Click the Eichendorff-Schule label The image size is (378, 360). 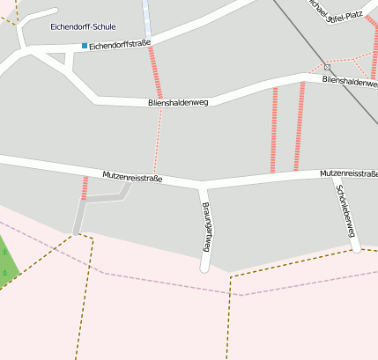[84, 27]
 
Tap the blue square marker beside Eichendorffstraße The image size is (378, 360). [85, 45]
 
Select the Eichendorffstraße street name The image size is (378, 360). [120, 43]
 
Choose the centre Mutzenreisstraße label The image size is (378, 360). [132, 177]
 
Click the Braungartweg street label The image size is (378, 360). [206, 227]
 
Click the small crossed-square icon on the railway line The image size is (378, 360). [327, 67]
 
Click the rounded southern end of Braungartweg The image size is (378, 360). [205, 266]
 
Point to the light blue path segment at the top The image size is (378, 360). [146, 18]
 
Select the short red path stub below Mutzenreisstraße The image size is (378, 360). [85, 187]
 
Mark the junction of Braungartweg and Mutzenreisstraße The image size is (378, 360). [203, 187]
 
